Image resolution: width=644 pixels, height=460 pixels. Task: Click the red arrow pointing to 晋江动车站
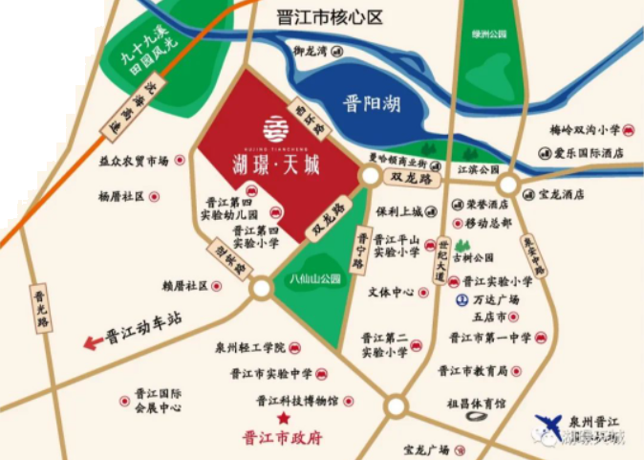click(x=93, y=342)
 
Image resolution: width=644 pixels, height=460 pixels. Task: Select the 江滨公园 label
click(x=479, y=169)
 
